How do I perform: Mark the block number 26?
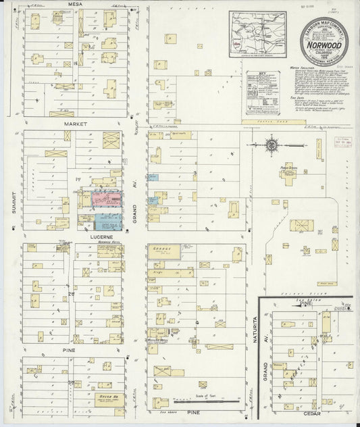click(70, 294)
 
